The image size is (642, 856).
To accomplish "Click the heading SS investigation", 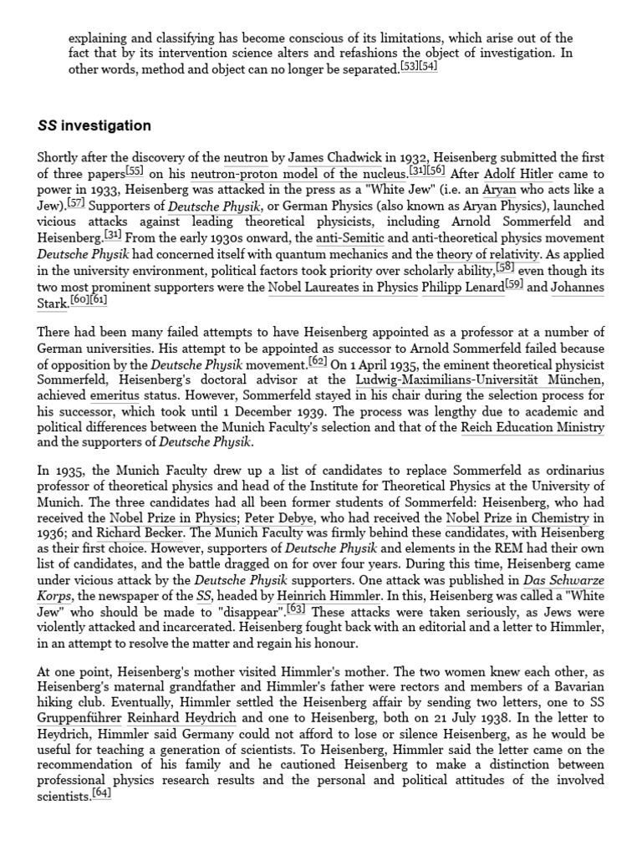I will pos(94,126).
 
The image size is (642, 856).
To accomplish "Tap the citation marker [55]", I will pos(135,171).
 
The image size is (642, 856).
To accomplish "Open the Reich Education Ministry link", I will pos(532,428).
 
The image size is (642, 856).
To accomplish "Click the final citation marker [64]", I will pos(101,796).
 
